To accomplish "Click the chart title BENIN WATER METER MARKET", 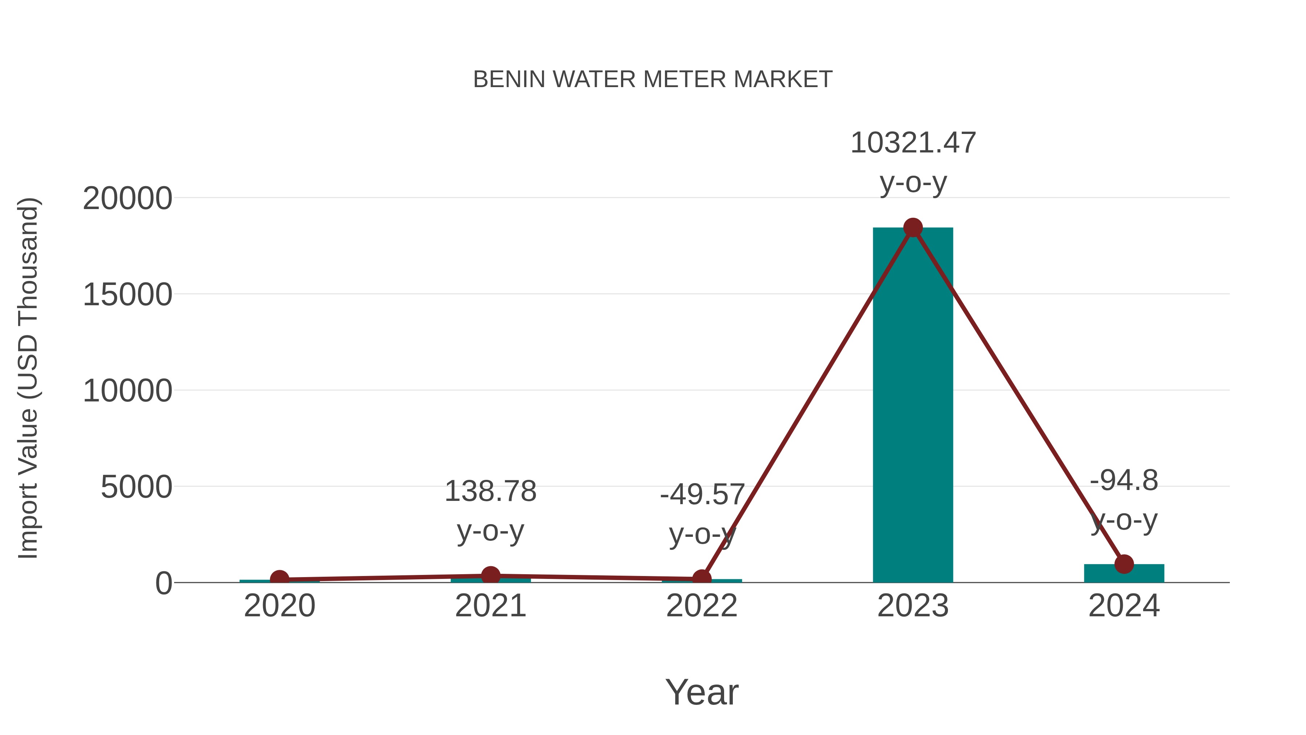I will (x=653, y=79).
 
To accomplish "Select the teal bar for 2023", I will (x=913, y=406).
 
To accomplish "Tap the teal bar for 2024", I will (x=1124, y=574).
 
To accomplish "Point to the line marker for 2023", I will (x=913, y=228).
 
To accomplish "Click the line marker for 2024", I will (x=1124, y=564).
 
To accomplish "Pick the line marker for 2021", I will (x=490, y=576).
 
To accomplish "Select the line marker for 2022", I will (x=702, y=578).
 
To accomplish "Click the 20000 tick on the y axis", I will (x=127, y=198).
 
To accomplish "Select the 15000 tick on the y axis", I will (x=127, y=295).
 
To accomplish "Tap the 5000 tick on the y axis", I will (x=136, y=487).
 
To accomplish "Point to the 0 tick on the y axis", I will (x=164, y=583).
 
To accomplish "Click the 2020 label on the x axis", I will (x=279, y=606).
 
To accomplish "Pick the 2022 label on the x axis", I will (x=702, y=606).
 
